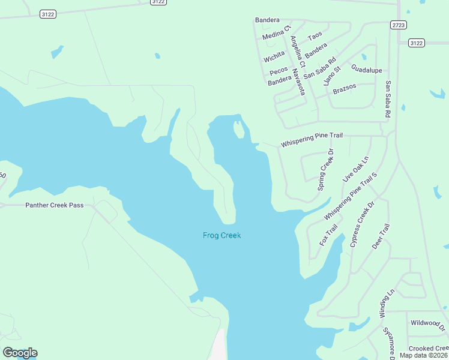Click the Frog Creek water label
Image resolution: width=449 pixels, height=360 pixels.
[x=221, y=236]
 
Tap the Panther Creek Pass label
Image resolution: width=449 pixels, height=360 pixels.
[x=54, y=205]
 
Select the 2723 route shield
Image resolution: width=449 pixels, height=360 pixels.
[x=398, y=25]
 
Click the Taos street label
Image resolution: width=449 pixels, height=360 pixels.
[x=315, y=35]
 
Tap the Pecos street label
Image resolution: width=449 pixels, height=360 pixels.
[x=279, y=71]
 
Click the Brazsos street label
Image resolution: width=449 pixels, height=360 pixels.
[x=345, y=86]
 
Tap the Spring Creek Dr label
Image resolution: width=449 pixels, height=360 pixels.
[x=325, y=170]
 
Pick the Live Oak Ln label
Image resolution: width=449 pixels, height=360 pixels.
[x=355, y=169]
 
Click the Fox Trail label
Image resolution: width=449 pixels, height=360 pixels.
[x=328, y=235]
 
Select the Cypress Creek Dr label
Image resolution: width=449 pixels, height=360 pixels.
[x=362, y=224]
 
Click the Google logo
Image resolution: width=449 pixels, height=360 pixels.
[x=20, y=353]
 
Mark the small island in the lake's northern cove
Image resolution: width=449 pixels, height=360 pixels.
[x=239, y=128]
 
